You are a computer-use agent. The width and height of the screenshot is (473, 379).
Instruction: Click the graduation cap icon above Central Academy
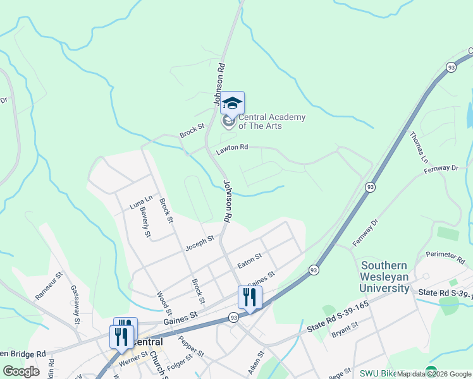click(x=232, y=103)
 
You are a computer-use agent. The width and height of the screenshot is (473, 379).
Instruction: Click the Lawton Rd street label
click(x=232, y=149)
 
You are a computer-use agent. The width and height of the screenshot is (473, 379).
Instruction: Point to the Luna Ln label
click(x=141, y=202)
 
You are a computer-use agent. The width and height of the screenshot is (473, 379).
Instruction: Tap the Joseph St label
click(x=200, y=243)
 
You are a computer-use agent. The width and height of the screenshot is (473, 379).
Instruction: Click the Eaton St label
click(x=249, y=260)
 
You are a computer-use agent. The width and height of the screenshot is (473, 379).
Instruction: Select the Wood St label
click(x=164, y=303)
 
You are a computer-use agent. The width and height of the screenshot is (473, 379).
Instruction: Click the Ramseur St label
click(x=49, y=286)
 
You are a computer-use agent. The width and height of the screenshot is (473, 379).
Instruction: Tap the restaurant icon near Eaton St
click(x=250, y=298)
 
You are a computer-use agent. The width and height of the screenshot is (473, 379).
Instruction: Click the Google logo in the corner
click(x=21, y=371)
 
